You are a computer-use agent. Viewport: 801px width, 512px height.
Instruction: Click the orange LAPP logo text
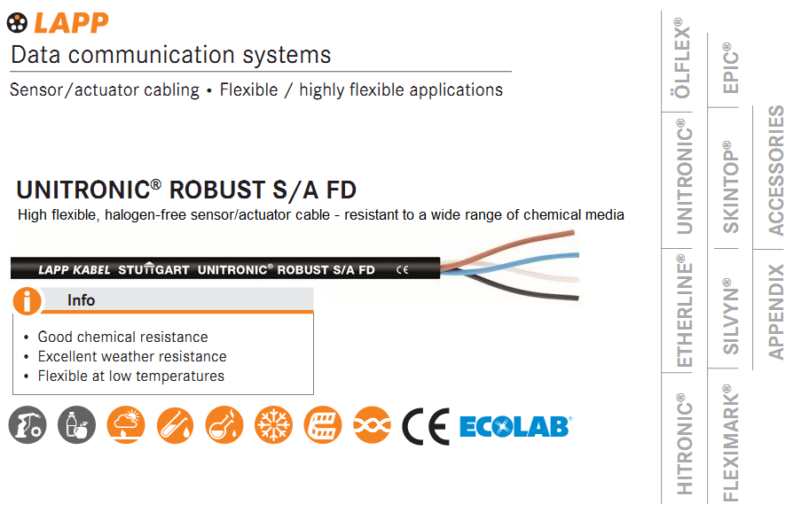71,23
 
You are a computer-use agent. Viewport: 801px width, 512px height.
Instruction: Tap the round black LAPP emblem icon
17,23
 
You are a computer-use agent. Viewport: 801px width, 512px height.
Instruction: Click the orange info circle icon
27,301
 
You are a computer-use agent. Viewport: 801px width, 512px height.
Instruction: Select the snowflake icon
274,425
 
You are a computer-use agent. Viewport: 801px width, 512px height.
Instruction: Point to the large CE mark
426,426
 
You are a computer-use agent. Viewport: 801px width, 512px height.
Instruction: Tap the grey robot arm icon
27,425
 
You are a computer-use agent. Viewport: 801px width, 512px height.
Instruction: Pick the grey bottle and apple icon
76,425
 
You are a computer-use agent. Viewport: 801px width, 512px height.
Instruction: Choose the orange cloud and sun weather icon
126,425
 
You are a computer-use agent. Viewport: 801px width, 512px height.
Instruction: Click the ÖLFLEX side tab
682,58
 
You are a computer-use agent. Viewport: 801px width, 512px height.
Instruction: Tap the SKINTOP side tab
731,187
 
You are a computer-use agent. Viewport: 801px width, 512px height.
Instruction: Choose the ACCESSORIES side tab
776,170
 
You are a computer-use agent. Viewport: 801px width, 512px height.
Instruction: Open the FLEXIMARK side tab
731,443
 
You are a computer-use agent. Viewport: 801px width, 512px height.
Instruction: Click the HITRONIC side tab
684,444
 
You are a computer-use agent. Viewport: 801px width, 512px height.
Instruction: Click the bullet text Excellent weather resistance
132,356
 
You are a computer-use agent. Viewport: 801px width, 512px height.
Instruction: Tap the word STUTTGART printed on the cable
153,268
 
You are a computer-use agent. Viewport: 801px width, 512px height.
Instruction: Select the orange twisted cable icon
373,425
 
